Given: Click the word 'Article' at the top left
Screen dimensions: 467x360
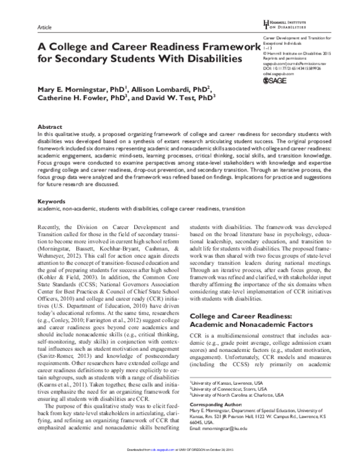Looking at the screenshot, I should tap(44, 28).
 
